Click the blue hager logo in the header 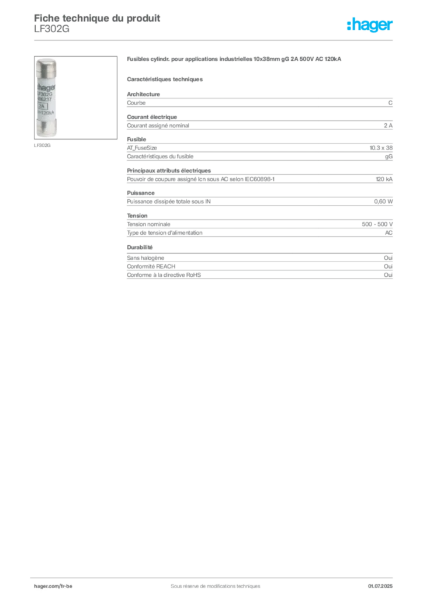[371, 26]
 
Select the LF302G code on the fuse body [45, 92]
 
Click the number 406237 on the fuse [44, 99]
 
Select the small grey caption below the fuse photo [42, 145]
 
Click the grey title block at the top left [97, 21]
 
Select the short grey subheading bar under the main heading [165, 78]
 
